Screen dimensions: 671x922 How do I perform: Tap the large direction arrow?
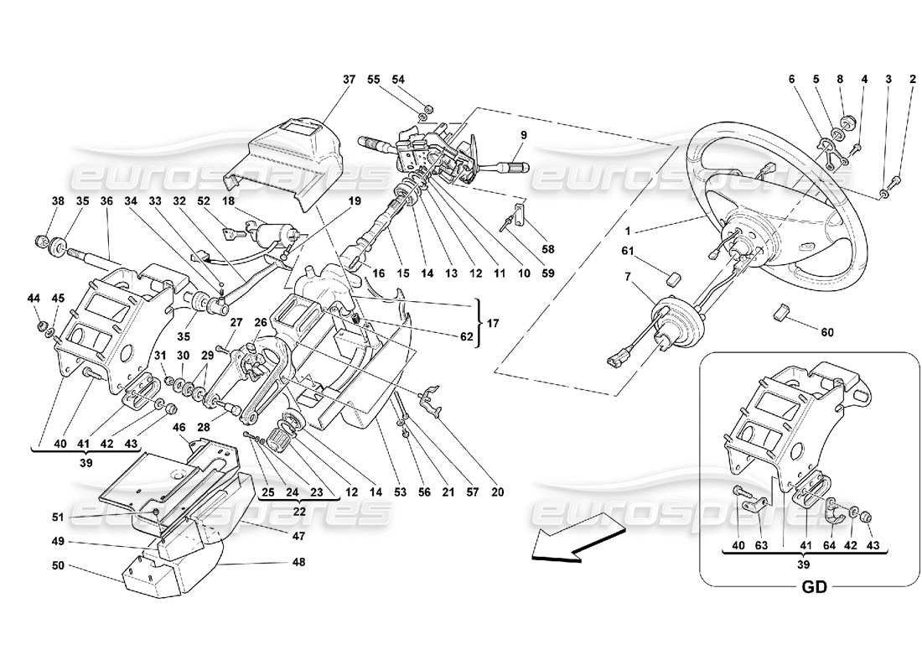578,540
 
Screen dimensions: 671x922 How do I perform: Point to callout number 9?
523,135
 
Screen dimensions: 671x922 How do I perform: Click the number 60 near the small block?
827,332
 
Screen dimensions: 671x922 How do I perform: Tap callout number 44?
33,299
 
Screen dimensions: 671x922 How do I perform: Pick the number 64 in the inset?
829,546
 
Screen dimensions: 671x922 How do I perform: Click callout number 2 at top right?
912,80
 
